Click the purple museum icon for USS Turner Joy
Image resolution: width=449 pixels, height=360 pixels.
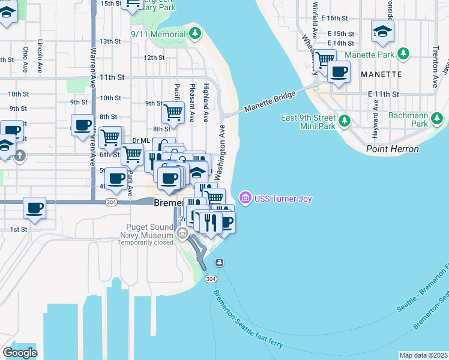tap(244, 198)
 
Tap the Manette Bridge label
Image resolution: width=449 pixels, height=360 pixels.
tap(270, 103)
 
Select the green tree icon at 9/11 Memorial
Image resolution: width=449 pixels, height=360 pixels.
tap(194, 35)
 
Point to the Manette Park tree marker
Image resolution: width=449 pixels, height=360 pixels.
tap(404, 55)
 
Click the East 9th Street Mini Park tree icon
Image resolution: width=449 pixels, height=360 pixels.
tap(344, 122)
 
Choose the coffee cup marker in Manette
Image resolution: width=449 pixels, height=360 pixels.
tap(339, 72)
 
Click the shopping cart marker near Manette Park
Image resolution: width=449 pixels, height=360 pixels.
tap(324, 59)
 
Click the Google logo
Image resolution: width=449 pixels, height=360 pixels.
tap(20, 352)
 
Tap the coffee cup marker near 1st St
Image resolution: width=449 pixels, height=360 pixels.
tap(34, 208)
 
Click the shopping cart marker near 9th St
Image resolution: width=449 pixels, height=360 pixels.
tap(173, 111)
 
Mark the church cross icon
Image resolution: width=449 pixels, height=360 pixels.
tap(20, 156)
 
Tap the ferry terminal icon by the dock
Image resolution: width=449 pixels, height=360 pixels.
tap(220, 262)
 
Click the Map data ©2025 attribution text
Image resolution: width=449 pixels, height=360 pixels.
tap(423, 355)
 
